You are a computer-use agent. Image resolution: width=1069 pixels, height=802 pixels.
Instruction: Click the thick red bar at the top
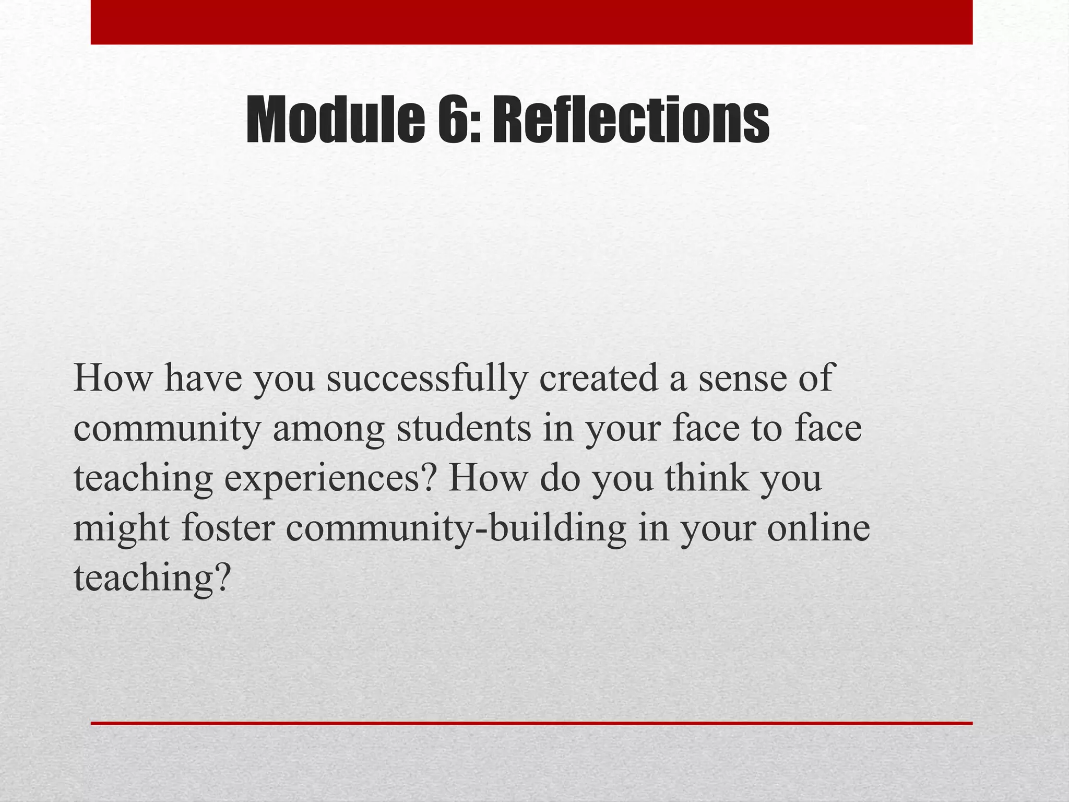531,22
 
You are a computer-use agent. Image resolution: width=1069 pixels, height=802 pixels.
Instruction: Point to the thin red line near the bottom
531,723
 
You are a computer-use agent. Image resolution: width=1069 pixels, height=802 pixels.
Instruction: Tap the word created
598,378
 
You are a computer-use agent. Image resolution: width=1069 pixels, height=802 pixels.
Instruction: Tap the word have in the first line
204,378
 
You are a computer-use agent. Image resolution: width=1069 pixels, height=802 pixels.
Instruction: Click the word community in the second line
167,429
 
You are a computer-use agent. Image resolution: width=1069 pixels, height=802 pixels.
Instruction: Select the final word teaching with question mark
152,579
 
